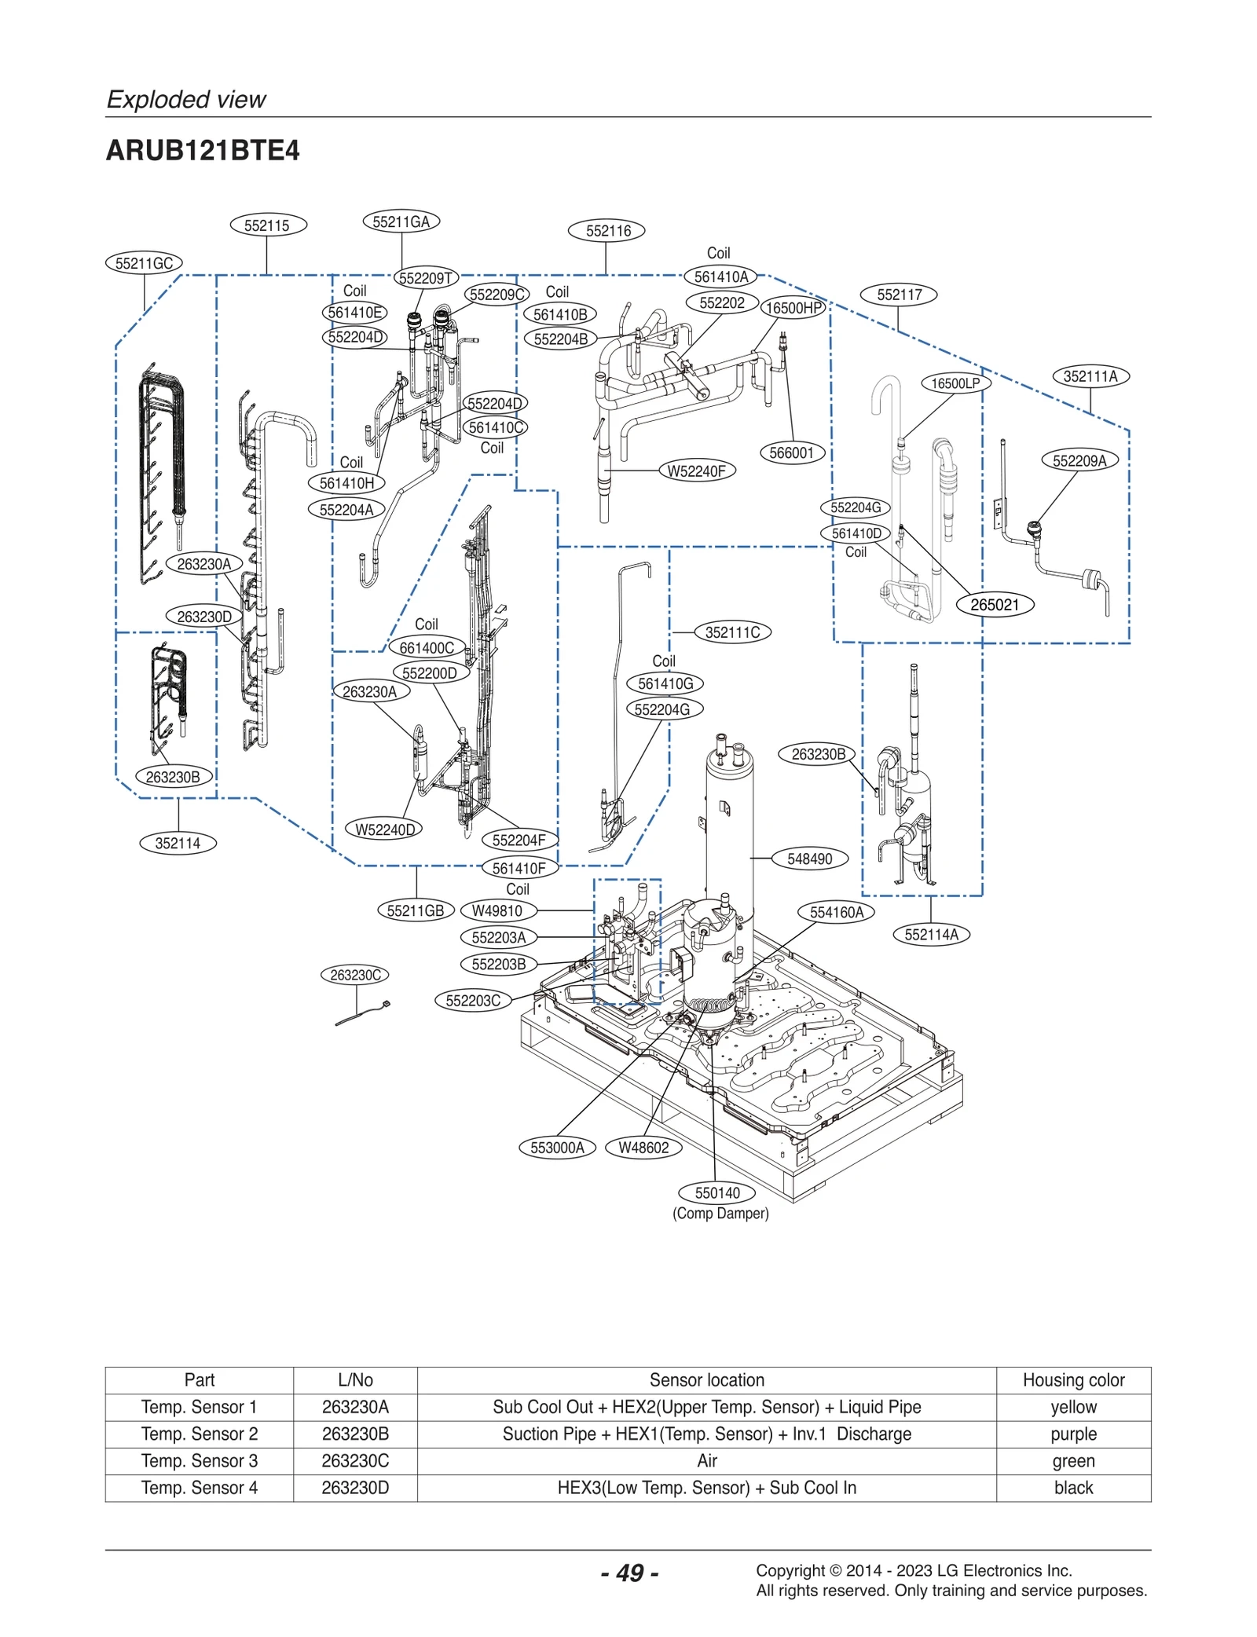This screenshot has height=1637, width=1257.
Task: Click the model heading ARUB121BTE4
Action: click(x=203, y=151)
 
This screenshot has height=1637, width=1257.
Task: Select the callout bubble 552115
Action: click(x=268, y=225)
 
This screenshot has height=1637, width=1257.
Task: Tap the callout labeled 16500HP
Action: click(x=793, y=308)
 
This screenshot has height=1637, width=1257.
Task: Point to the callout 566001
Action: click(x=791, y=453)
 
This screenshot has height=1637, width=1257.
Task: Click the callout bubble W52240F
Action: click(x=696, y=471)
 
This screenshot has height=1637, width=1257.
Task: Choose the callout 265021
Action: click(x=994, y=605)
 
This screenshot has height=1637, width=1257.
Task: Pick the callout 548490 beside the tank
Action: click(x=809, y=859)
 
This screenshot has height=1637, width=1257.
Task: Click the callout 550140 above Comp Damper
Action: click(x=716, y=1193)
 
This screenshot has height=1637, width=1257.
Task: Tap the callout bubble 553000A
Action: click(x=557, y=1148)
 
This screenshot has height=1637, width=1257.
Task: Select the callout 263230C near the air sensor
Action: click(x=355, y=976)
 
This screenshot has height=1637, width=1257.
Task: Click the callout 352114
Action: click(x=178, y=844)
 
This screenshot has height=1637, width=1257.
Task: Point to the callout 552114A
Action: click(x=931, y=935)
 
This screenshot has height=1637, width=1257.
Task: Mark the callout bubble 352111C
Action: click(x=732, y=632)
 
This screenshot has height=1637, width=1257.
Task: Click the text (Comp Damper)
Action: click(x=720, y=1214)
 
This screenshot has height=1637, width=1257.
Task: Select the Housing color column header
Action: click(x=1073, y=1380)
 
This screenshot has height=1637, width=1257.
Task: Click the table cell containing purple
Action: click(x=1073, y=1434)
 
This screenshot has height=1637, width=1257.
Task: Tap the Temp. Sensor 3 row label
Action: click(x=200, y=1461)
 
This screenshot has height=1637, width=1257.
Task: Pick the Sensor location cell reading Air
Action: click(x=706, y=1461)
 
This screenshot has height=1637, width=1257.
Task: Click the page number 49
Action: click(x=629, y=1573)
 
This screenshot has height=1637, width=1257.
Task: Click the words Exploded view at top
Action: click(x=186, y=100)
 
